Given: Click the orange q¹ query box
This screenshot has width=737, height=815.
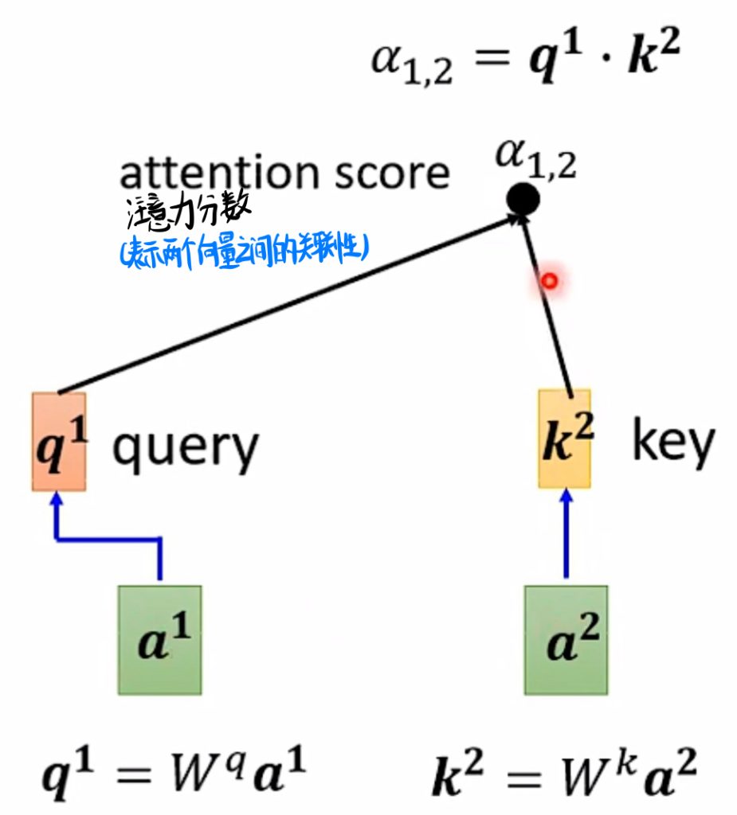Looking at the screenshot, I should pos(59,441).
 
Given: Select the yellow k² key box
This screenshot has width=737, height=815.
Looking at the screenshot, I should pos(565,439).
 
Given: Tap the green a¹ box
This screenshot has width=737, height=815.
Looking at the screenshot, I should pos(159,639).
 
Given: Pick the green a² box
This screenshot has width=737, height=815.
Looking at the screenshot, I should pos(566,639).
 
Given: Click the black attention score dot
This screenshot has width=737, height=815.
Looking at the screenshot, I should pos(523,198).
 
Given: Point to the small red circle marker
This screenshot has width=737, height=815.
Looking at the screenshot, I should pos(548,281).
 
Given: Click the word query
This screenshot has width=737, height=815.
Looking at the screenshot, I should pos(185,447).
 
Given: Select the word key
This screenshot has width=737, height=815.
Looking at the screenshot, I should pos(672,443).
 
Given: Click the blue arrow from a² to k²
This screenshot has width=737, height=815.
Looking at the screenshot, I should pos(566,533).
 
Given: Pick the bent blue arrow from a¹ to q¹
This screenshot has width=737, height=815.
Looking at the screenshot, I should pos(108,540).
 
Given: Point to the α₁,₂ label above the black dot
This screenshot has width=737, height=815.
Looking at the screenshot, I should pos(535,157).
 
